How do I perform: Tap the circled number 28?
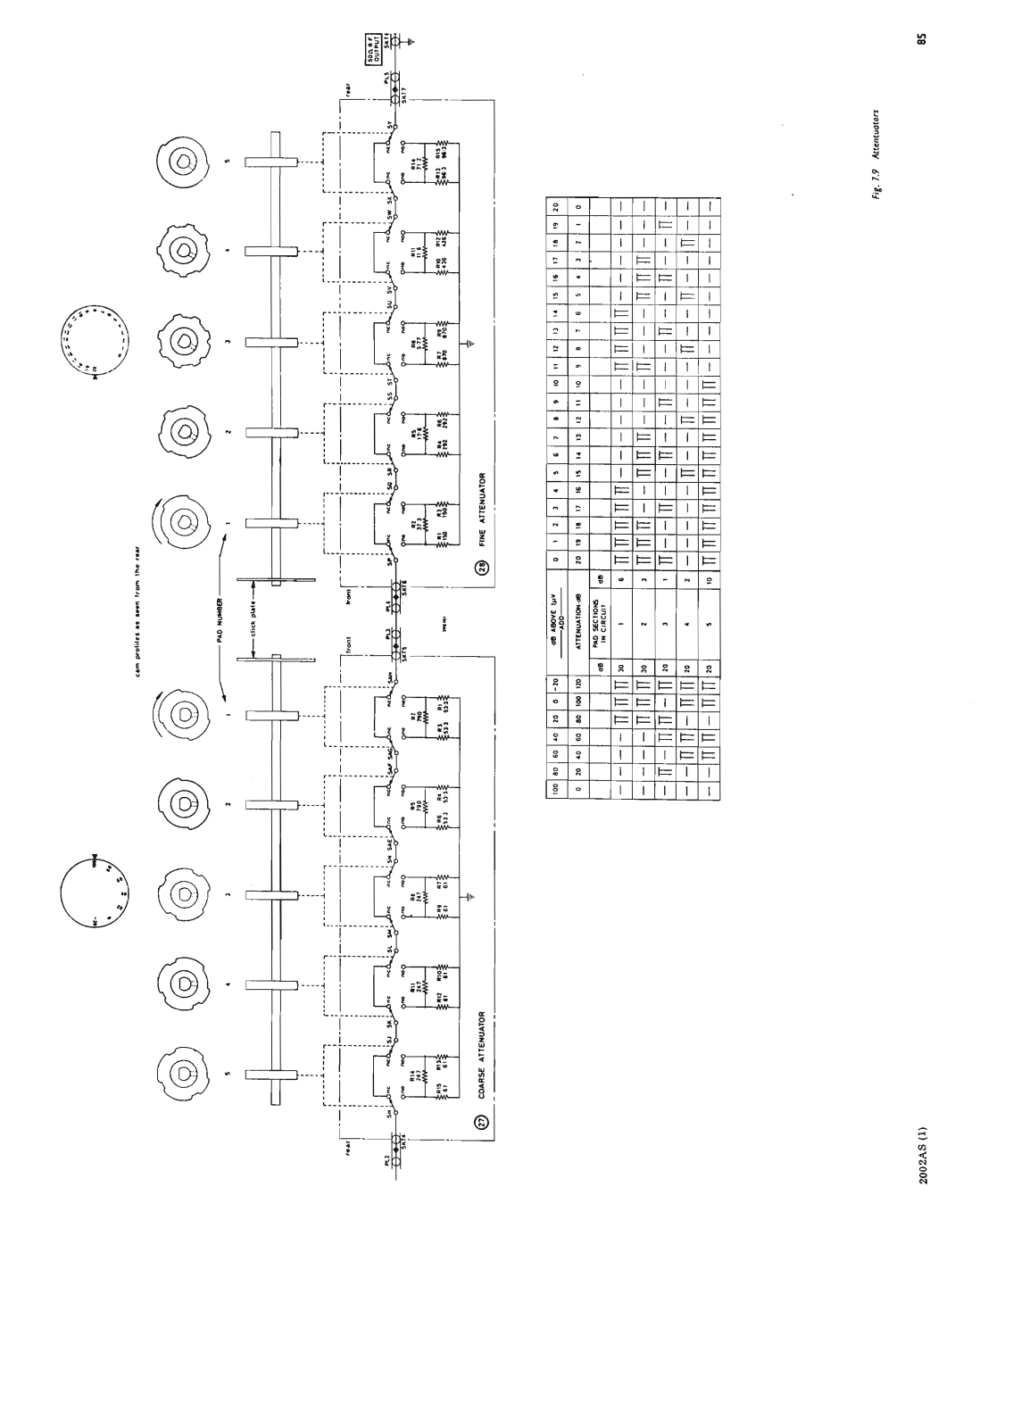pos(483,569)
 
